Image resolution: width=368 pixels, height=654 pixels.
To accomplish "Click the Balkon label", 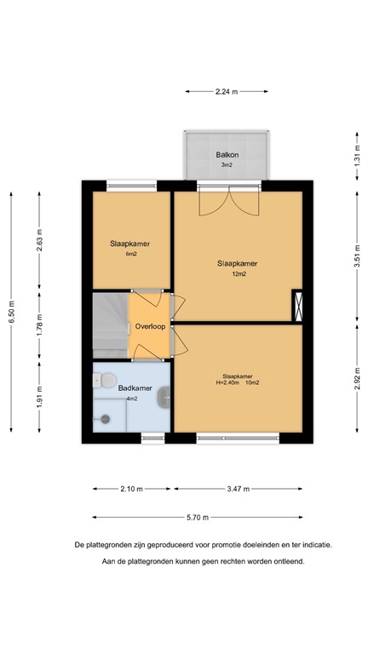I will click(227, 154).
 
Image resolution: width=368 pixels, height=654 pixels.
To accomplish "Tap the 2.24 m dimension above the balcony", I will click(227, 91).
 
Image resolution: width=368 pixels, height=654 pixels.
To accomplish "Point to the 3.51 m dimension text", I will click(356, 254).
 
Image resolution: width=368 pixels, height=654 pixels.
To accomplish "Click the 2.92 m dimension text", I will click(356, 377).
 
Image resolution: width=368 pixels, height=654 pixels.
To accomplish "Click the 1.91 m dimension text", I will click(39, 397).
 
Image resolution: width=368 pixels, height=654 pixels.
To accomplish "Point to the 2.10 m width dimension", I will click(130, 489).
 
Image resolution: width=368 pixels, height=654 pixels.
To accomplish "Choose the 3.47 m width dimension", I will click(239, 489).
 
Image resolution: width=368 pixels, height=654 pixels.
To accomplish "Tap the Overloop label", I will click(150, 326).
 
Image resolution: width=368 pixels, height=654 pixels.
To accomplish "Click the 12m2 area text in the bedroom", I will click(239, 274).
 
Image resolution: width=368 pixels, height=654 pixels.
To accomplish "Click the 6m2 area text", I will click(130, 254).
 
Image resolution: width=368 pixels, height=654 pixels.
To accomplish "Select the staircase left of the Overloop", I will click(109, 324).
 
